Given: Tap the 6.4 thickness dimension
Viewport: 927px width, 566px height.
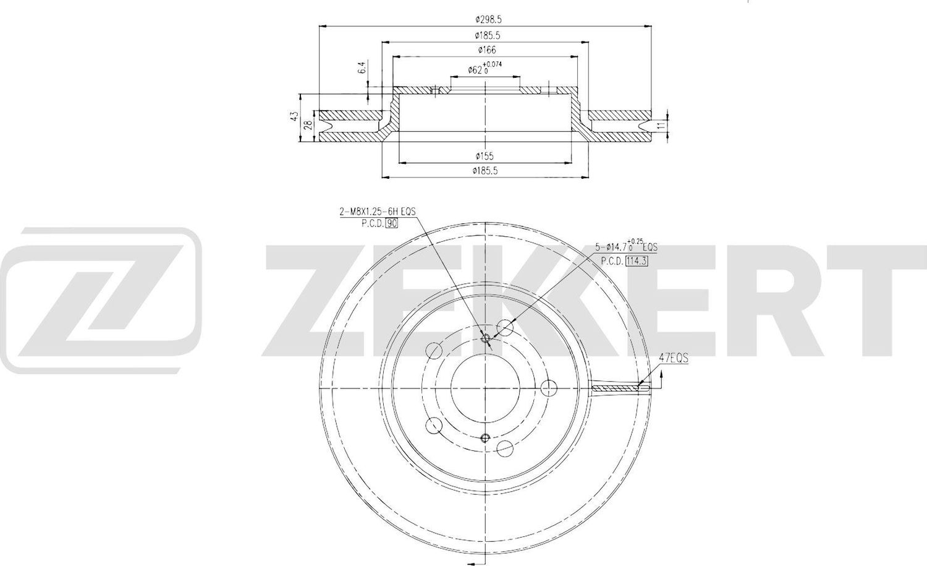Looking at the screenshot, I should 363,68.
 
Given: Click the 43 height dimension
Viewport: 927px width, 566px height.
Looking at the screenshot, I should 295,116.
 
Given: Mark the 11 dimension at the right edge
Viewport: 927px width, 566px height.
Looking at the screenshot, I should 661,126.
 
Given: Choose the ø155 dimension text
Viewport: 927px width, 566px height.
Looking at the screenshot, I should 485,157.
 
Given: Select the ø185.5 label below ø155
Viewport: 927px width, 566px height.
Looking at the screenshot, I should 485,171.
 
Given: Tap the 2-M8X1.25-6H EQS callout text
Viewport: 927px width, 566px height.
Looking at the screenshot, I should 377,212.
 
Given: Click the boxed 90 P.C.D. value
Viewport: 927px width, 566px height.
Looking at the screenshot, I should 391,223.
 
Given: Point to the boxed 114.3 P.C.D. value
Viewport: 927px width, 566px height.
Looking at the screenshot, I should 636,260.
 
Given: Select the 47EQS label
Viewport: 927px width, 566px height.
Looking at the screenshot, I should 674,358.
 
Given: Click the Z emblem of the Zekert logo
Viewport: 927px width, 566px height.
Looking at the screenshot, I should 101,301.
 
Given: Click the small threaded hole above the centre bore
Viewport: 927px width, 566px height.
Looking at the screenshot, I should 485,337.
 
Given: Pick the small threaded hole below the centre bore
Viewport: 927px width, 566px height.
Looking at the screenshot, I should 485,438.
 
